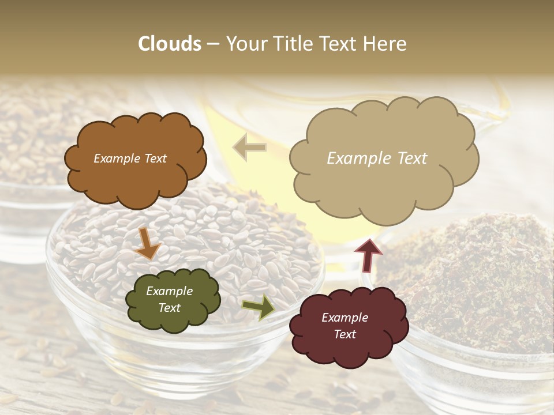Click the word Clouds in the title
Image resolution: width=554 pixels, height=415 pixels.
pyautogui.click(x=170, y=44)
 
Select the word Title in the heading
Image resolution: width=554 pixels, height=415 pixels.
pyautogui.click(x=291, y=44)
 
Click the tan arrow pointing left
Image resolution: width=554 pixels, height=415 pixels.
pyautogui.click(x=249, y=147)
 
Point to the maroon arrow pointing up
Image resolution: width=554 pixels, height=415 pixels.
pyautogui.click(x=368, y=254)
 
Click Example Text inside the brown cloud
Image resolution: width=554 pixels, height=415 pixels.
pyautogui.click(x=130, y=159)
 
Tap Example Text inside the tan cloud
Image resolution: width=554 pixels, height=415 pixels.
pyautogui.click(x=377, y=159)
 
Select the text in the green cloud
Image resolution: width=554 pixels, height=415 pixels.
pyautogui.click(x=170, y=300)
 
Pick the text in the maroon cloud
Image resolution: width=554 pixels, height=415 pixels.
pyautogui.click(x=345, y=326)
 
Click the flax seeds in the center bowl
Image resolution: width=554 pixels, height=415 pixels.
pyautogui.click(x=231, y=231)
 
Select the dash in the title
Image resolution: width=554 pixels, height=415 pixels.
pyautogui.click(x=213, y=44)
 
